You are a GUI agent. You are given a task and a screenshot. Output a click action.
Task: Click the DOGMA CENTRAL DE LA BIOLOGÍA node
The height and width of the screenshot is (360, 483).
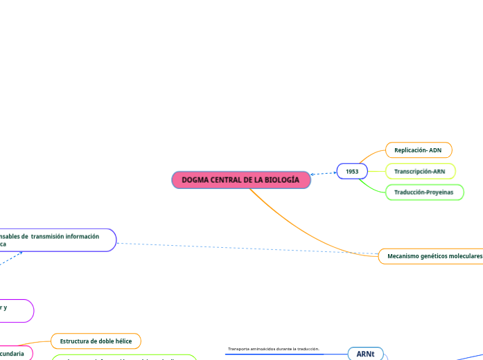(240, 180)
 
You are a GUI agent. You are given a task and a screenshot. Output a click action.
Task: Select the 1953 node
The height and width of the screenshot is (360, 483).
(352, 171)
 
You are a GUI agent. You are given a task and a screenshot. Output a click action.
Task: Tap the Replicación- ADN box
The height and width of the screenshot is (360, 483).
(418, 150)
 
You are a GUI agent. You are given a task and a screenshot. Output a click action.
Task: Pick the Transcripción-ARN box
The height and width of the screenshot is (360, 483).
(420, 171)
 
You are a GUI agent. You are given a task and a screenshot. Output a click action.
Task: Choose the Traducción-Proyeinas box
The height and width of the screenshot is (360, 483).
(423, 192)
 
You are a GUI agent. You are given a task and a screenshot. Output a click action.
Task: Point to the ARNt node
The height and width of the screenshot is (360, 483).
(365, 354)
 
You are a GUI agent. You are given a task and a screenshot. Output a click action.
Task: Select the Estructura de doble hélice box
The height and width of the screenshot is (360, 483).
(96, 341)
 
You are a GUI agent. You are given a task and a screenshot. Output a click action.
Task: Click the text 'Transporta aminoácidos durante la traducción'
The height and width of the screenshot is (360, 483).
(273, 349)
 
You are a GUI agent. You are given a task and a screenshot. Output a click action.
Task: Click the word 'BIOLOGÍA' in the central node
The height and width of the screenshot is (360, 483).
(283, 180)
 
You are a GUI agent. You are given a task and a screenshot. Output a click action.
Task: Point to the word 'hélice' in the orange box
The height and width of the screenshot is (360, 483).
(121, 341)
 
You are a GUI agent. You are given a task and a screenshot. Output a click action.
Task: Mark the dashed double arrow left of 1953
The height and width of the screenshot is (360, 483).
(324, 173)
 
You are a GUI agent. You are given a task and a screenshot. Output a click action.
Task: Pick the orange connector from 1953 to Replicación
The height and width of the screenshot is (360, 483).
(376, 156)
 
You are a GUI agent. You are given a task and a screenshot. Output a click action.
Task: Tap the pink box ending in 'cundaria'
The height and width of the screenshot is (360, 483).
(14, 354)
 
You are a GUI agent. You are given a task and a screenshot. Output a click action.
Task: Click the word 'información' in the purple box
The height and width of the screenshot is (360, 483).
(83, 236)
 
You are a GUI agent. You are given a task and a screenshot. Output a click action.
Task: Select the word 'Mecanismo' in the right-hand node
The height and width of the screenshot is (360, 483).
(404, 256)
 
